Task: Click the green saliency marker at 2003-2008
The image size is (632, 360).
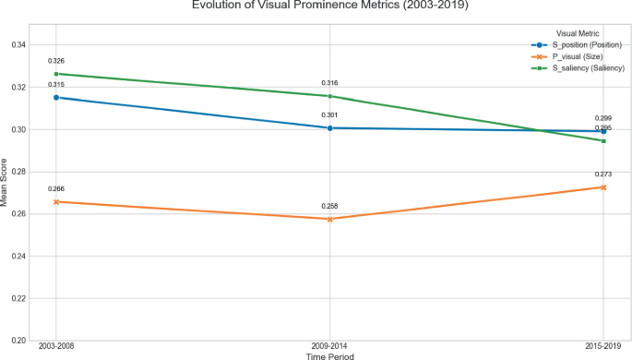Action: [x=56, y=74]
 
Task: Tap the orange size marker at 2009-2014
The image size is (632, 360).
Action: [x=329, y=219]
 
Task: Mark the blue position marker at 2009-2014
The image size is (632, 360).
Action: [x=329, y=127]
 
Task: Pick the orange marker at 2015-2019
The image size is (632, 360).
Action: [x=602, y=187]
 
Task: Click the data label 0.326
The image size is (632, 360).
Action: [x=56, y=61]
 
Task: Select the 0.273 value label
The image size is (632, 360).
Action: [x=602, y=174]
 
